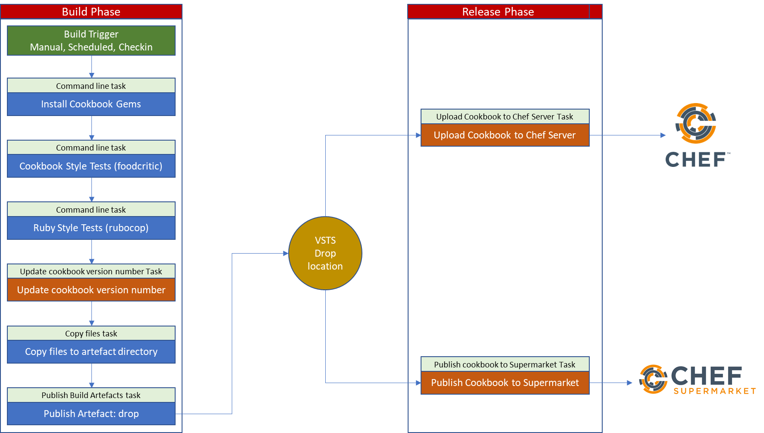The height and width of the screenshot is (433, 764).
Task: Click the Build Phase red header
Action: tap(91, 12)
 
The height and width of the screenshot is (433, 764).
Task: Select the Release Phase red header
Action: tap(498, 12)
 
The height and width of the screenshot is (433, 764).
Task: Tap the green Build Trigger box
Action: tap(91, 41)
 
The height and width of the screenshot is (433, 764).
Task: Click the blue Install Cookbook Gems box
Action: tap(91, 104)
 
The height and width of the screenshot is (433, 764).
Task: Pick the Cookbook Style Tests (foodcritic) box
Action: tap(91, 166)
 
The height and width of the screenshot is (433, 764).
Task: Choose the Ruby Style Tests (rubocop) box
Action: tap(91, 228)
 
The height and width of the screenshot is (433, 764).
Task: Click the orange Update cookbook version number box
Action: tap(91, 290)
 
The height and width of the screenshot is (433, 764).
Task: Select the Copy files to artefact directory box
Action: tap(91, 351)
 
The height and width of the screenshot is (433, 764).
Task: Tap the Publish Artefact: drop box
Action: tap(91, 414)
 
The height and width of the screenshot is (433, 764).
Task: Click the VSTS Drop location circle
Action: tap(325, 253)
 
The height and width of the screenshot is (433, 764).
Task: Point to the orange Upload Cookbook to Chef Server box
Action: tap(505, 135)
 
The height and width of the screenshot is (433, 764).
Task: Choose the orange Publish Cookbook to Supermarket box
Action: tap(505, 383)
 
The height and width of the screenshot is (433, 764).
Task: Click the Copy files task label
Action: tap(91, 333)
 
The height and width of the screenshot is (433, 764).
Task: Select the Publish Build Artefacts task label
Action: tap(91, 395)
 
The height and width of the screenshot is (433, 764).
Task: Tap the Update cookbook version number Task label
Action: tap(91, 271)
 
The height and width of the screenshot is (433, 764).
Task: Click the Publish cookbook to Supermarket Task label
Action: tap(505, 364)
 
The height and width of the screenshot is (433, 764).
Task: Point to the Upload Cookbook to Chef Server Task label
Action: tap(505, 116)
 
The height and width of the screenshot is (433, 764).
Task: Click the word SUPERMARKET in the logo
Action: tap(715, 391)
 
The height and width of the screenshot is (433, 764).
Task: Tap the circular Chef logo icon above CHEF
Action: tap(696, 123)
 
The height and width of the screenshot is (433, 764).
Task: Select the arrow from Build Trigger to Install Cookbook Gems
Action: tap(91, 67)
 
